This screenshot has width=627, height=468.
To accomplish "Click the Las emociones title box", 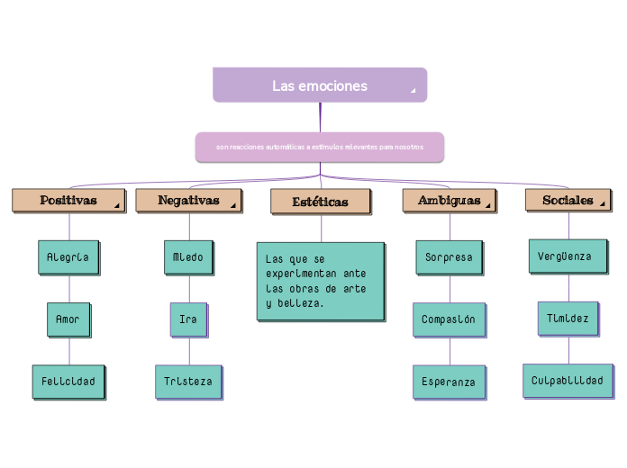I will coord(320,85).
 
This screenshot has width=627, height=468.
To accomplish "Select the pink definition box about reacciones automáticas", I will coord(320,147).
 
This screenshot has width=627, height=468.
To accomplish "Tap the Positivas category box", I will coord(68,201).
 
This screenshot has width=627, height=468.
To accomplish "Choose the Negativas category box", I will coord(189,201).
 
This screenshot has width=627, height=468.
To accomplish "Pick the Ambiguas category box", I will coord(449,201).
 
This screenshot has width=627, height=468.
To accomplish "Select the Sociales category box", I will coord(568,201).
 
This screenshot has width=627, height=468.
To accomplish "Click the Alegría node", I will coord(68,256).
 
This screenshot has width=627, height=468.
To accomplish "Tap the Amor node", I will coord(68,319).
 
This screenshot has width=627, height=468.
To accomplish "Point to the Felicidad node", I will coord(68,381).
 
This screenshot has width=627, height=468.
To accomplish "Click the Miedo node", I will coord(188,256).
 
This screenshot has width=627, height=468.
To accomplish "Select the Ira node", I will coord(188,319).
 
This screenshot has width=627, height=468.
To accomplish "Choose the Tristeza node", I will coord(188,381).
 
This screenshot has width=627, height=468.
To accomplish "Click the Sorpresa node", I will coord(449,256).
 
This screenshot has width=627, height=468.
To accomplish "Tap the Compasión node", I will coord(449,319).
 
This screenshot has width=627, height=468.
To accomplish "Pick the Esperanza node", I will coord(449,382).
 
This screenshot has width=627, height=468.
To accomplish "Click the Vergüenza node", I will coord(565,256).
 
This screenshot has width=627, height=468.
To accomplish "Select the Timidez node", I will coord(568,318).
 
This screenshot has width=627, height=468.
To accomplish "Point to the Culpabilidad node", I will coord(568,380).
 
